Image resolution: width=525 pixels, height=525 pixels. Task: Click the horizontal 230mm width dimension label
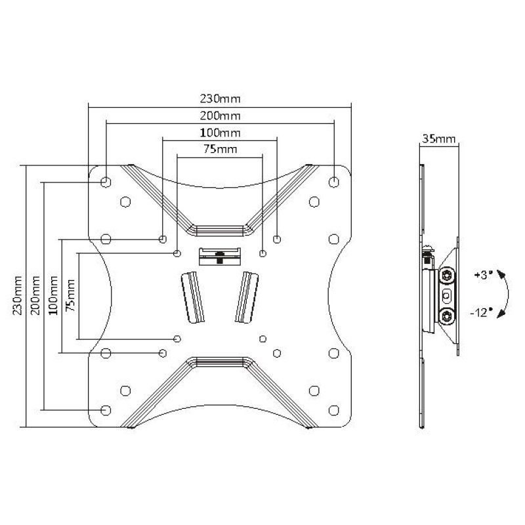[220, 100]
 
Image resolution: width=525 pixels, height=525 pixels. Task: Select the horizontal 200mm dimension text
[220, 116]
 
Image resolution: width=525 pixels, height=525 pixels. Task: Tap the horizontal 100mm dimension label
[220, 133]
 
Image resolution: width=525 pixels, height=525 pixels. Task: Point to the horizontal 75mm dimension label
[220, 150]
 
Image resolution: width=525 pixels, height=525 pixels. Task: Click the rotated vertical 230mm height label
[15, 295]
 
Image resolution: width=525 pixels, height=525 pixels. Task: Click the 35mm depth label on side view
[439, 138]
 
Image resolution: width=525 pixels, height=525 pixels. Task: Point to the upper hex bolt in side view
[448, 274]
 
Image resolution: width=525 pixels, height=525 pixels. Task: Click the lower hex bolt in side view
[448, 316]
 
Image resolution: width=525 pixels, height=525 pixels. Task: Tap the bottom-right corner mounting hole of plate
[335, 410]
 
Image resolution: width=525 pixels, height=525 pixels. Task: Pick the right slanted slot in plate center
[247, 297]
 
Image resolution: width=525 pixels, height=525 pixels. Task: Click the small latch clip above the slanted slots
[219, 255]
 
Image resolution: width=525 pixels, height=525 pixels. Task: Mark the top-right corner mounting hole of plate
[335, 180]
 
